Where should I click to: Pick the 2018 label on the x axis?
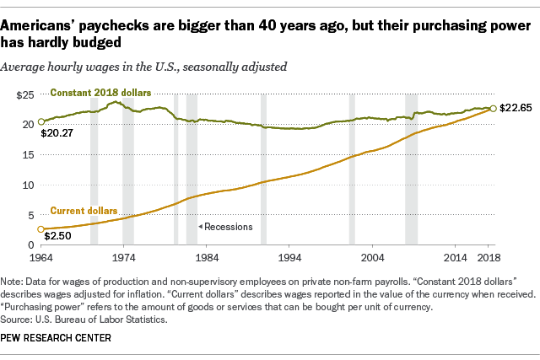point(489,257)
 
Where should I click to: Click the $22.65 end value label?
point(517,108)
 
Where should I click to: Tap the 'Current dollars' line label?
point(84,210)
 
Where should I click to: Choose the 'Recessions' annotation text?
point(223,227)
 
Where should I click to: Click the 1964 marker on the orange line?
point(39,229)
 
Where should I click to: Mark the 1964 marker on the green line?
point(39,122)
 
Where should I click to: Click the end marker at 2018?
point(493,108)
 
